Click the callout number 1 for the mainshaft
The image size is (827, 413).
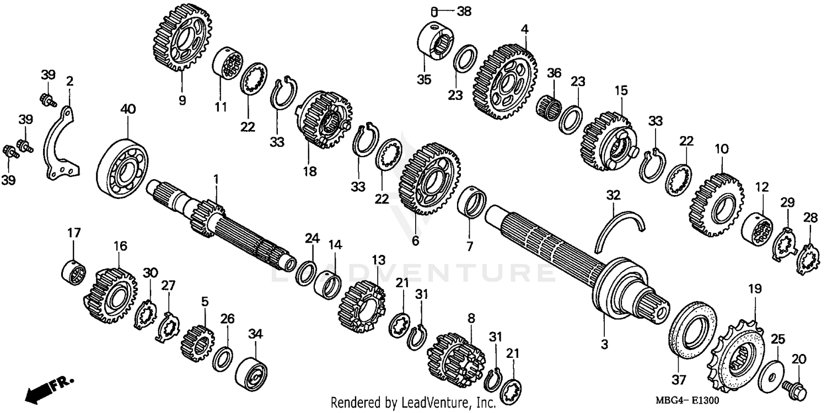point(216,179)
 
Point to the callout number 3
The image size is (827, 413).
point(604,345)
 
